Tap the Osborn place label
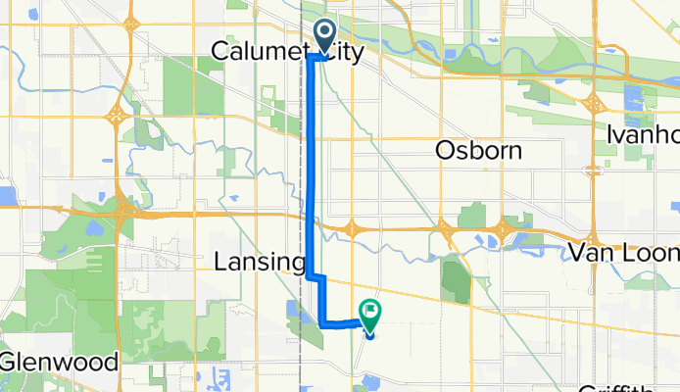[478, 150]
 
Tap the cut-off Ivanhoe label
[643, 132]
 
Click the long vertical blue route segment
[313, 167]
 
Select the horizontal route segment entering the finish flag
[345, 321]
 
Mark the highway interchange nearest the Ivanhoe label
[594, 104]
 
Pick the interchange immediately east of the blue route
[352, 229]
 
